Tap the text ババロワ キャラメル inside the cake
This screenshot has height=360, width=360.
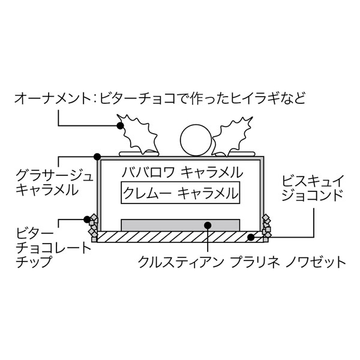[181, 172]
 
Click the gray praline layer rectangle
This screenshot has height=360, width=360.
[181, 225]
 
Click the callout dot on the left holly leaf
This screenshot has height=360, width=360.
[120, 125]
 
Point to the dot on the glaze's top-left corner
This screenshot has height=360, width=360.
[97, 157]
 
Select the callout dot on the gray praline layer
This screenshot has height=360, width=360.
[207, 226]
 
